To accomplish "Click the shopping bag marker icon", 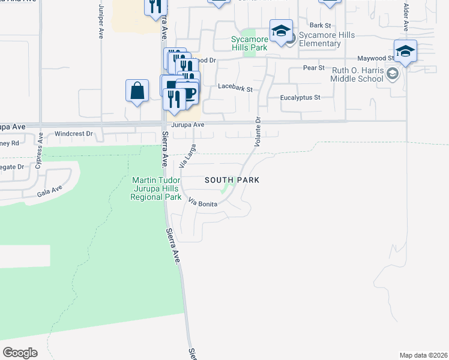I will click(137, 91).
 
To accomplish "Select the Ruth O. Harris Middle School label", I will click(357, 74).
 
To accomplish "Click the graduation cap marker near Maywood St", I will click(406, 51).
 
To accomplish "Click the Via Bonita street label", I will click(203, 202).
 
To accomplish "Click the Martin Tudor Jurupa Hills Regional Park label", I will click(157, 188).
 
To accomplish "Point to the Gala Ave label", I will click(50, 191).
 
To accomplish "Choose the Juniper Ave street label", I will click(100, 22).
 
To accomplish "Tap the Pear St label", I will click(313, 68).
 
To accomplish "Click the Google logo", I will click(20, 352).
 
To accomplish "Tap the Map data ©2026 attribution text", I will click(423, 355).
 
